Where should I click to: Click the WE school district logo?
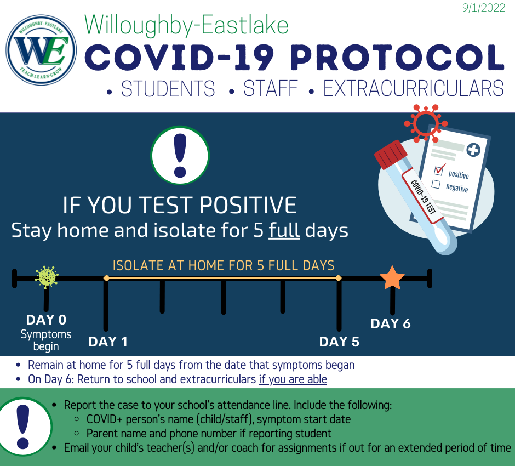pos(42,50)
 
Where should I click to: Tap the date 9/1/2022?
pos(483,8)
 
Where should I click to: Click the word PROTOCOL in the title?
pos(397,57)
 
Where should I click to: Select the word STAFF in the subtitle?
pos(270,88)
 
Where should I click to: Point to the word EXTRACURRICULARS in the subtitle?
pos(414,88)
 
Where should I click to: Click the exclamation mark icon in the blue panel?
pos(180,155)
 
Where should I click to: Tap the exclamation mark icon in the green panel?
pos(23,427)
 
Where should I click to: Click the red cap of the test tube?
pos(391,154)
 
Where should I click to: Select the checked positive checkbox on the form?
pos(438,170)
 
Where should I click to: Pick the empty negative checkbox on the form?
pos(436,184)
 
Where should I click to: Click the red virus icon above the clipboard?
pos(426,123)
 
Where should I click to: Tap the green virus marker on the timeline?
pos(47,277)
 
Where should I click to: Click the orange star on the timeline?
pos(392,278)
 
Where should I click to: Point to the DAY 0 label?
pos(47,320)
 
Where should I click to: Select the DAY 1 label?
pos(108,342)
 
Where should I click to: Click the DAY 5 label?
pos(339,342)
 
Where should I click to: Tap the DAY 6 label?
pos(391,323)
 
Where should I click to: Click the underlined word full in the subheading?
pos(284,230)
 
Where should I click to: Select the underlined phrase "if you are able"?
pos(293,379)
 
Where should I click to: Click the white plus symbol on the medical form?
pos(473,150)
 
